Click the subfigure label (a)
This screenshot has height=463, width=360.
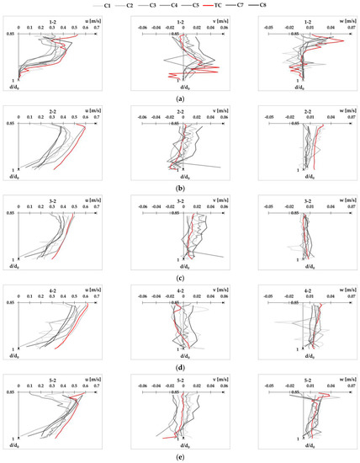coord(180,98)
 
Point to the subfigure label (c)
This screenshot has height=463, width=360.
coord(180,277)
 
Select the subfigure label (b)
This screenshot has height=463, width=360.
coord(180,187)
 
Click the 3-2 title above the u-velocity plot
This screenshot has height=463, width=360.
coord(53,201)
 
